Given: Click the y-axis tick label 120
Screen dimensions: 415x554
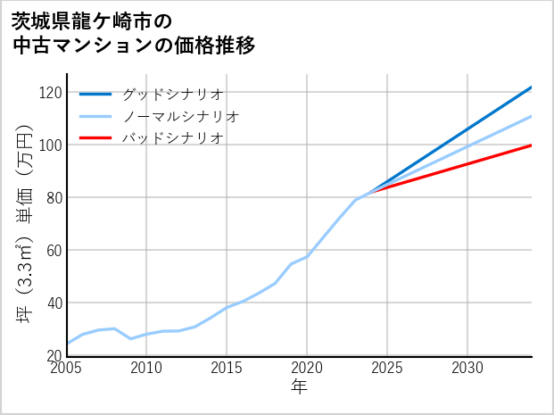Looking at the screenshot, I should tap(50, 93).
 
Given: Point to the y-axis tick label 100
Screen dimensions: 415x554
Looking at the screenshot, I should tap(50, 145).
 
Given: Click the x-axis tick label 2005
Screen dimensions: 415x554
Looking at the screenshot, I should tap(67, 369).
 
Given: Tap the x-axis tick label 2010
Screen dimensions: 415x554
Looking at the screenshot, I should tap(146, 369).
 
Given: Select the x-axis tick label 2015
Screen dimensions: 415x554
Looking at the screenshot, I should tap(227, 369).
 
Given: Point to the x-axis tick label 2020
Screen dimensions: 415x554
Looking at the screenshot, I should tap(307, 369).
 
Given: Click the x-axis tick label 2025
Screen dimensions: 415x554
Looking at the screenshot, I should tap(387, 369).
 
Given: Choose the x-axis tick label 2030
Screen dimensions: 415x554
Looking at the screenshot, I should tap(467, 369).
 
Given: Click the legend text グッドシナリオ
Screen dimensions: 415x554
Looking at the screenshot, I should tap(172, 94).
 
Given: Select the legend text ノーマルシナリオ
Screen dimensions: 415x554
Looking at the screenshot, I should tap(180, 116).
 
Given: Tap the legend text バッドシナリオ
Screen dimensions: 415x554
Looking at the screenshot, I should tap(172, 138).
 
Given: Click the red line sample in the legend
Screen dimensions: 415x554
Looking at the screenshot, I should tap(95, 138).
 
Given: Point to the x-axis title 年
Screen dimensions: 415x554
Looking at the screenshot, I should tap(300, 387).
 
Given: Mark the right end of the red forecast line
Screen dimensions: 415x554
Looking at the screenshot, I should tap(532, 145).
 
